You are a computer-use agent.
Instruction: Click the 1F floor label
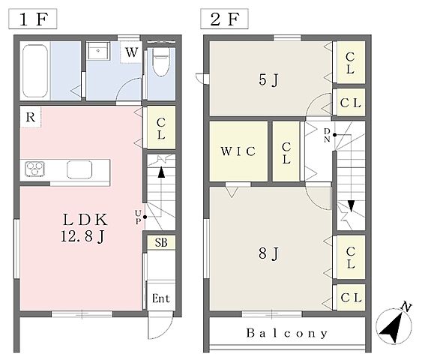(33, 19)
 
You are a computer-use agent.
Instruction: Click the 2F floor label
(224, 19)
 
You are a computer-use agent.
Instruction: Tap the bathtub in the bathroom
(35, 70)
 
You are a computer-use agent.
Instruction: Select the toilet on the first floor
(161, 61)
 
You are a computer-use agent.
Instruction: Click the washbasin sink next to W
(98, 51)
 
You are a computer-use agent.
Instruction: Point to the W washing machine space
(131, 52)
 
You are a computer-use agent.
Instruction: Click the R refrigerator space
(30, 117)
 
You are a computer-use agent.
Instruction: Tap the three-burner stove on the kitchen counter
(34, 169)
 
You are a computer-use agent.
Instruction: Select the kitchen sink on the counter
(79, 169)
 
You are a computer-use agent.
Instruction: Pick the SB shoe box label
(161, 242)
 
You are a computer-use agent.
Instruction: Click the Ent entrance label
(160, 298)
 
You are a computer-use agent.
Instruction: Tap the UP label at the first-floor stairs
(138, 217)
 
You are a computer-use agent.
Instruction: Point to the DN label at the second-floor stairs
(327, 135)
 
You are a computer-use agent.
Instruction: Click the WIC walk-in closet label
(238, 151)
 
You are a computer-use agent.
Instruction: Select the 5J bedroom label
(268, 80)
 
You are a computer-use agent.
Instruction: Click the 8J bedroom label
(268, 253)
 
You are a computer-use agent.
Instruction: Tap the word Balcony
(287, 333)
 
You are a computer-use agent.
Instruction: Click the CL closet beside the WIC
(286, 151)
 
